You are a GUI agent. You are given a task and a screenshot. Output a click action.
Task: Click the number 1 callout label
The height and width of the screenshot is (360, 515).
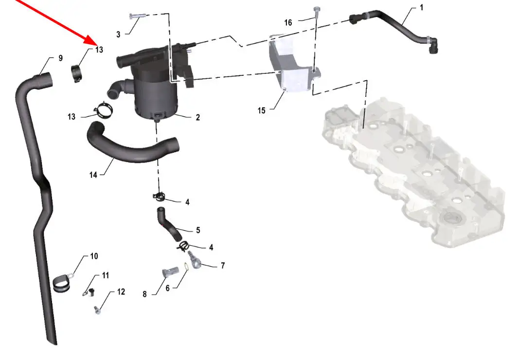(422, 7)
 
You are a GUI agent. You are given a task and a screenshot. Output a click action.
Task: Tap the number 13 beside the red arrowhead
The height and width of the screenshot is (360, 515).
(99, 50)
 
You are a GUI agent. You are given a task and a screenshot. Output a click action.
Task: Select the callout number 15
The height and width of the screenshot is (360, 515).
(262, 110)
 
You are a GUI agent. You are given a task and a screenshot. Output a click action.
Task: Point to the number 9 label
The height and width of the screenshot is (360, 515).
(60, 58)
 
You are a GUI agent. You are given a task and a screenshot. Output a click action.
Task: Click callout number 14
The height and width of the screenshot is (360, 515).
(93, 175)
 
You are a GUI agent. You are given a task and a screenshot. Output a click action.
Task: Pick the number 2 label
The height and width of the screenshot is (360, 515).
(198, 117)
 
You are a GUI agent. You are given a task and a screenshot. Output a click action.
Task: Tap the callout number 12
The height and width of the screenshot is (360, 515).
(121, 292)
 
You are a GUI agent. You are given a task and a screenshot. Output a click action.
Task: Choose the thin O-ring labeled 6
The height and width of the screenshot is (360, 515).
(186, 267)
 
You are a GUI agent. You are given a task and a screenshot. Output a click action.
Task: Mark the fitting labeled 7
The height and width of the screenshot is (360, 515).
(195, 260)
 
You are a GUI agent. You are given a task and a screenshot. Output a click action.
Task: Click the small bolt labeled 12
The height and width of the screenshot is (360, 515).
(97, 310)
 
